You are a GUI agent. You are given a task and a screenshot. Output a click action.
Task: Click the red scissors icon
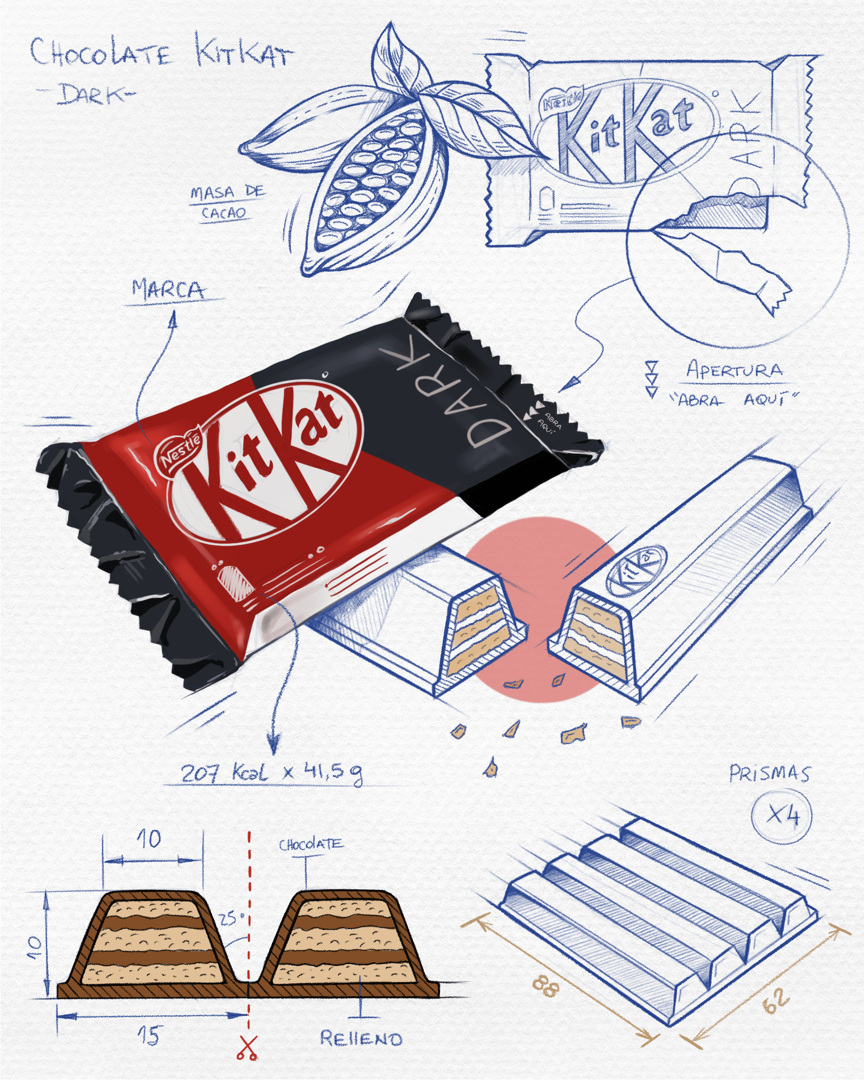[248, 1048]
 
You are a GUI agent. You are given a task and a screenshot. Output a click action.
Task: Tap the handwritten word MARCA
[168, 290]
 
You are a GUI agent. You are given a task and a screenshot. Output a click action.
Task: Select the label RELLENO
[361, 1038]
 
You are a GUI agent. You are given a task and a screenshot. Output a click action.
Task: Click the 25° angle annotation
[231, 918]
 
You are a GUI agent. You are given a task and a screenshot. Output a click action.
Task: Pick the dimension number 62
[776, 1001]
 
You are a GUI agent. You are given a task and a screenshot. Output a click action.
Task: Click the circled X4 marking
[782, 817]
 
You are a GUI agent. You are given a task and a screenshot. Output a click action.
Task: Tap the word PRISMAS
[769, 774]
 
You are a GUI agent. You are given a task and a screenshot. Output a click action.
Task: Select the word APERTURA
[734, 369]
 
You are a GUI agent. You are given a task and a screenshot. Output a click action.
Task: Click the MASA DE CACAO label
[226, 202]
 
